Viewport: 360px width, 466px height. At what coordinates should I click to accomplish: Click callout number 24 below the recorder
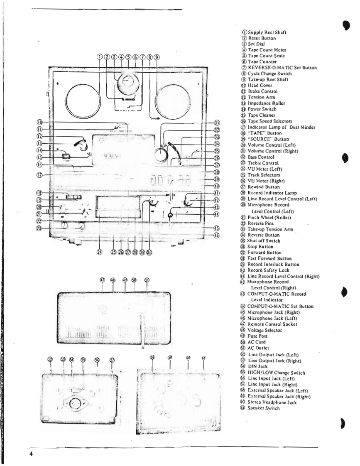100,253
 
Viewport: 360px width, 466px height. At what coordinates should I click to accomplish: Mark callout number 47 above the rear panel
103,280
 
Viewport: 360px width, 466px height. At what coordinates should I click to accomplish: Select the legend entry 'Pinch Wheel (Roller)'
269,217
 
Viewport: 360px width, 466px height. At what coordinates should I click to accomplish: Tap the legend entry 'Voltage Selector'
264,330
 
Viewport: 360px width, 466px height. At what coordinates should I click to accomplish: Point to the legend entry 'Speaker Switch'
263,408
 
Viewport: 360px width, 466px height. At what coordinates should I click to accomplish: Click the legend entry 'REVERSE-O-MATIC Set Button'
282,68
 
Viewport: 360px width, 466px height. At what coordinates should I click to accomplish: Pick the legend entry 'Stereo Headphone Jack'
272,402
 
